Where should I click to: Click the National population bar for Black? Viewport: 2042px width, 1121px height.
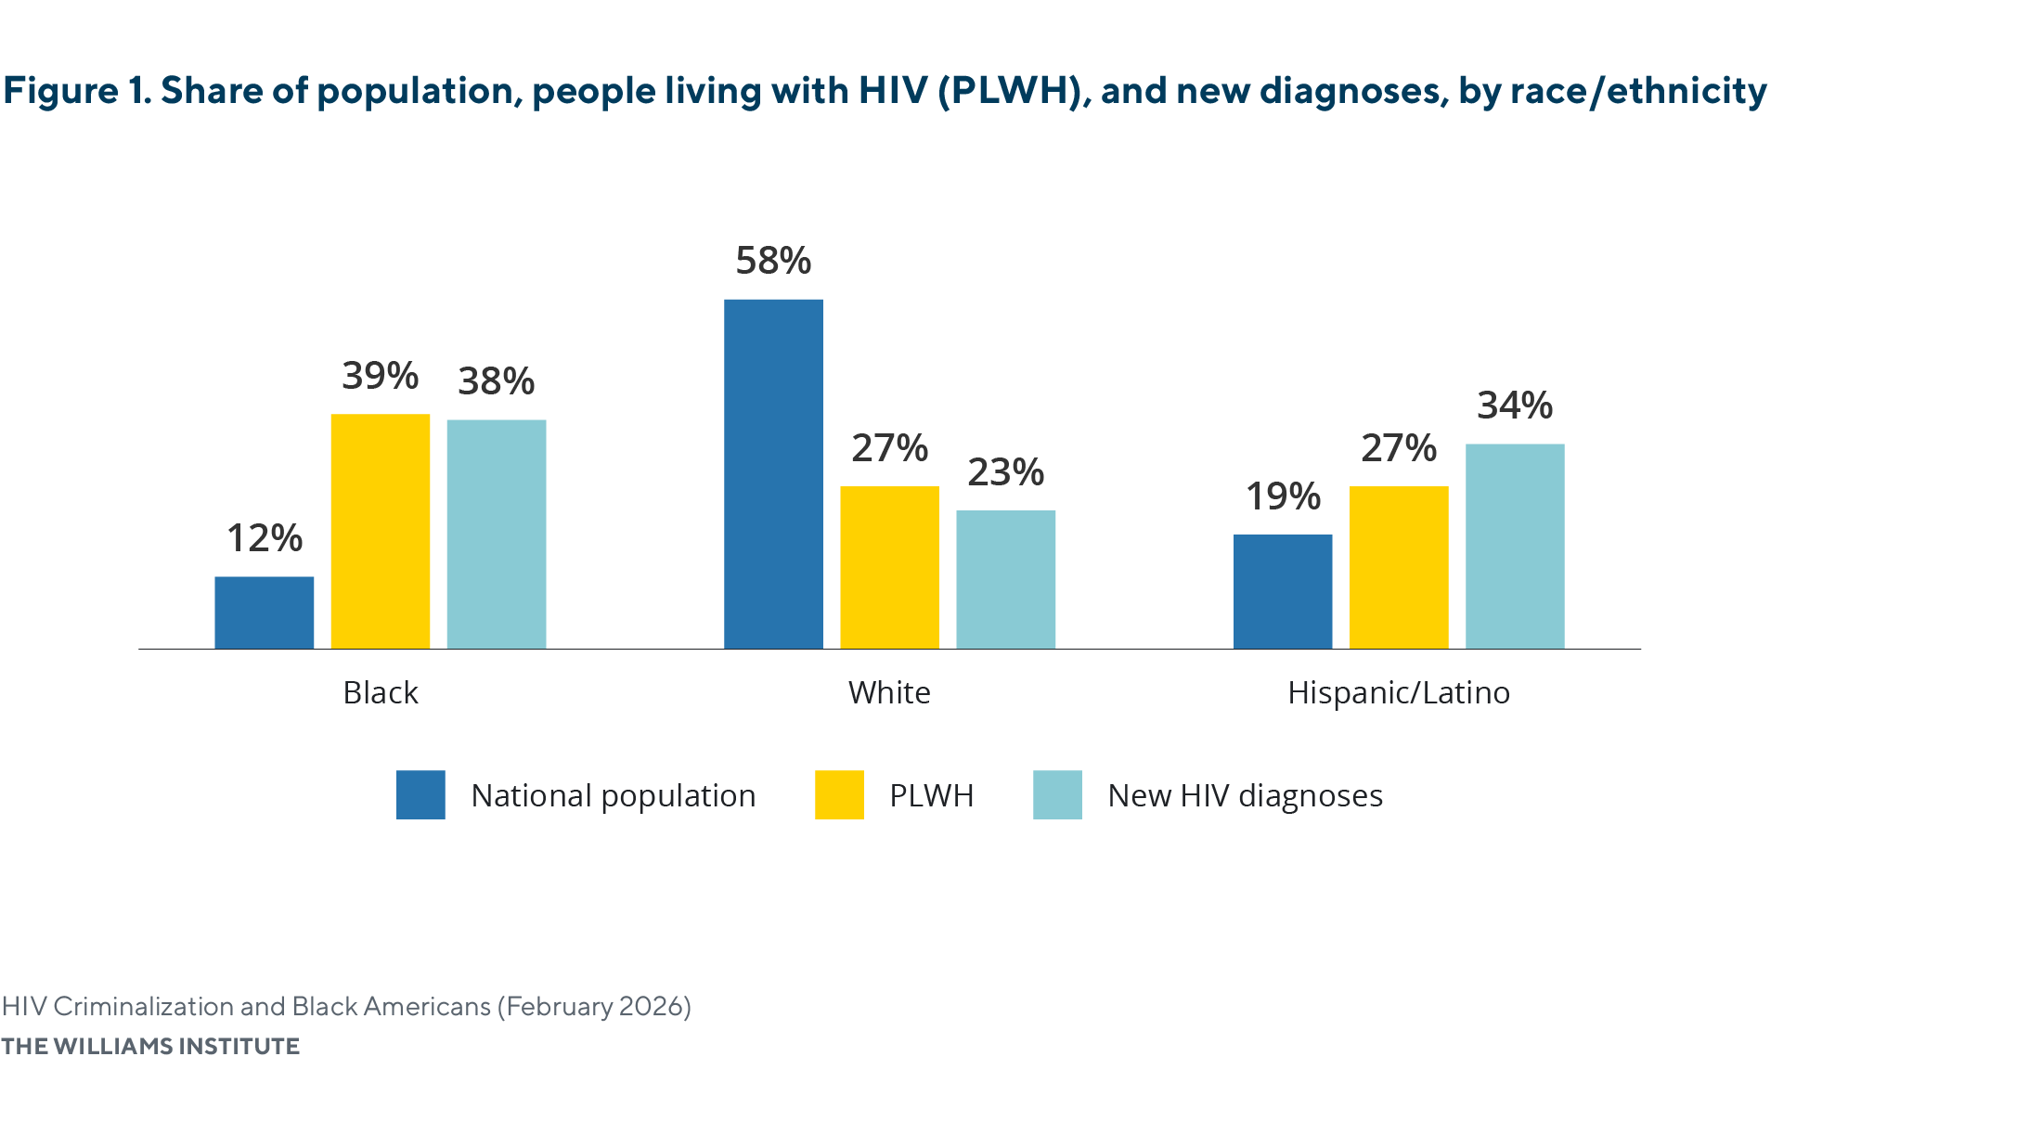[265, 612]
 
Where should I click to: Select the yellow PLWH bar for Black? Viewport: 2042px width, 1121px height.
[381, 531]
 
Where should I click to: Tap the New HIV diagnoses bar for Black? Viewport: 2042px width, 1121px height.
[497, 534]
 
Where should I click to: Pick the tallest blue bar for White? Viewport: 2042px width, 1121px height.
[773, 473]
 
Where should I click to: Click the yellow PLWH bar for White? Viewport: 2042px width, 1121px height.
[889, 567]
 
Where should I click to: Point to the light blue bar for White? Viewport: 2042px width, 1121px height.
[1005, 579]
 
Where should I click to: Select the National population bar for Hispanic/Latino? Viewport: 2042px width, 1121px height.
[1283, 591]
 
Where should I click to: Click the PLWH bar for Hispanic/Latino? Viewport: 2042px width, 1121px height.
[1399, 567]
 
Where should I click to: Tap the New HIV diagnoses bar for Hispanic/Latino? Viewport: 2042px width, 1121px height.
[1515, 546]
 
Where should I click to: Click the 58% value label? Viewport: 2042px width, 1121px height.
[773, 261]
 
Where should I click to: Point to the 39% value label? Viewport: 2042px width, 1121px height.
[381, 376]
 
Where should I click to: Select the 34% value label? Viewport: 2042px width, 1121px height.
[1515, 406]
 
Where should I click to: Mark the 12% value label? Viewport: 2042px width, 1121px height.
[265, 538]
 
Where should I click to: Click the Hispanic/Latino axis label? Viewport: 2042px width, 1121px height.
[1399, 693]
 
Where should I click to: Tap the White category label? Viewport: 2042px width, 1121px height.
[889, 693]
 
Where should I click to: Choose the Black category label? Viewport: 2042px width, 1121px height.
[381, 693]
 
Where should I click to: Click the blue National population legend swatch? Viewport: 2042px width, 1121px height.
[420, 794]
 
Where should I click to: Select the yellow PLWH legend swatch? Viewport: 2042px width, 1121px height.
[839, 794]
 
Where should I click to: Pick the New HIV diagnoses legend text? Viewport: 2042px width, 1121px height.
[1245, 796]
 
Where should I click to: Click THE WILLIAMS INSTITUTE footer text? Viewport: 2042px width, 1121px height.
[150, 1046]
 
